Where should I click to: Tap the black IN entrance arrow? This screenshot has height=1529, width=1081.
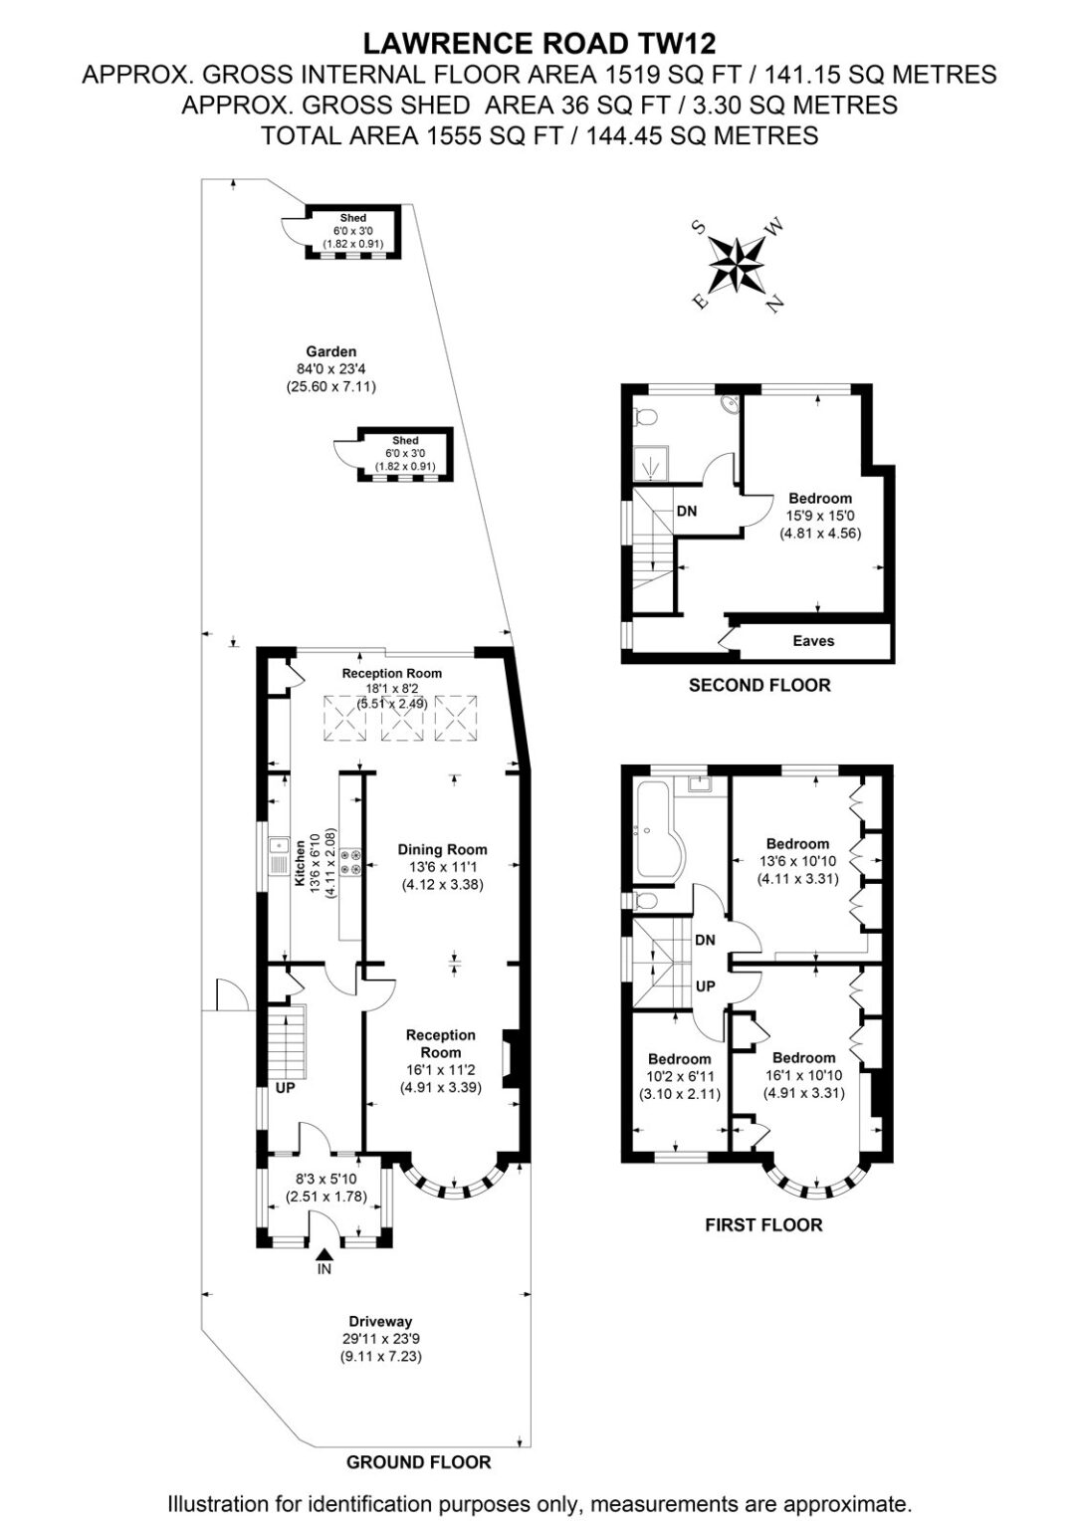pos(324,1253)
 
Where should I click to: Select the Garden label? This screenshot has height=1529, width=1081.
pos(331,351)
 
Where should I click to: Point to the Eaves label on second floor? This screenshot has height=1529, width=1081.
pos(813,640)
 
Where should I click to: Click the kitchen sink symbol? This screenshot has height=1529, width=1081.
pos(279,856)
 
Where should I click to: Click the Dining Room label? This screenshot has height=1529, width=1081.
pos(442,850)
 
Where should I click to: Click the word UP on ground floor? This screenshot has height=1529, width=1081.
pos(286,1087)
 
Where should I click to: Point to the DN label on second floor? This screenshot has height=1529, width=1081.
pos(687,511)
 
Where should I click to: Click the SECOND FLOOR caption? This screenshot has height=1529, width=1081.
pos(758,685)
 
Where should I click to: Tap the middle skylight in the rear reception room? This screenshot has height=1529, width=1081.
pos(403,718)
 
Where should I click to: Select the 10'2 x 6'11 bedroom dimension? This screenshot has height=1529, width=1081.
pos(679,1076)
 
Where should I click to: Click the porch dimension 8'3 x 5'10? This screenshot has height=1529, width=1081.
pos(325,1179)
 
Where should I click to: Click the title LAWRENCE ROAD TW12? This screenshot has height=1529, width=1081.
pos(540,44)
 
